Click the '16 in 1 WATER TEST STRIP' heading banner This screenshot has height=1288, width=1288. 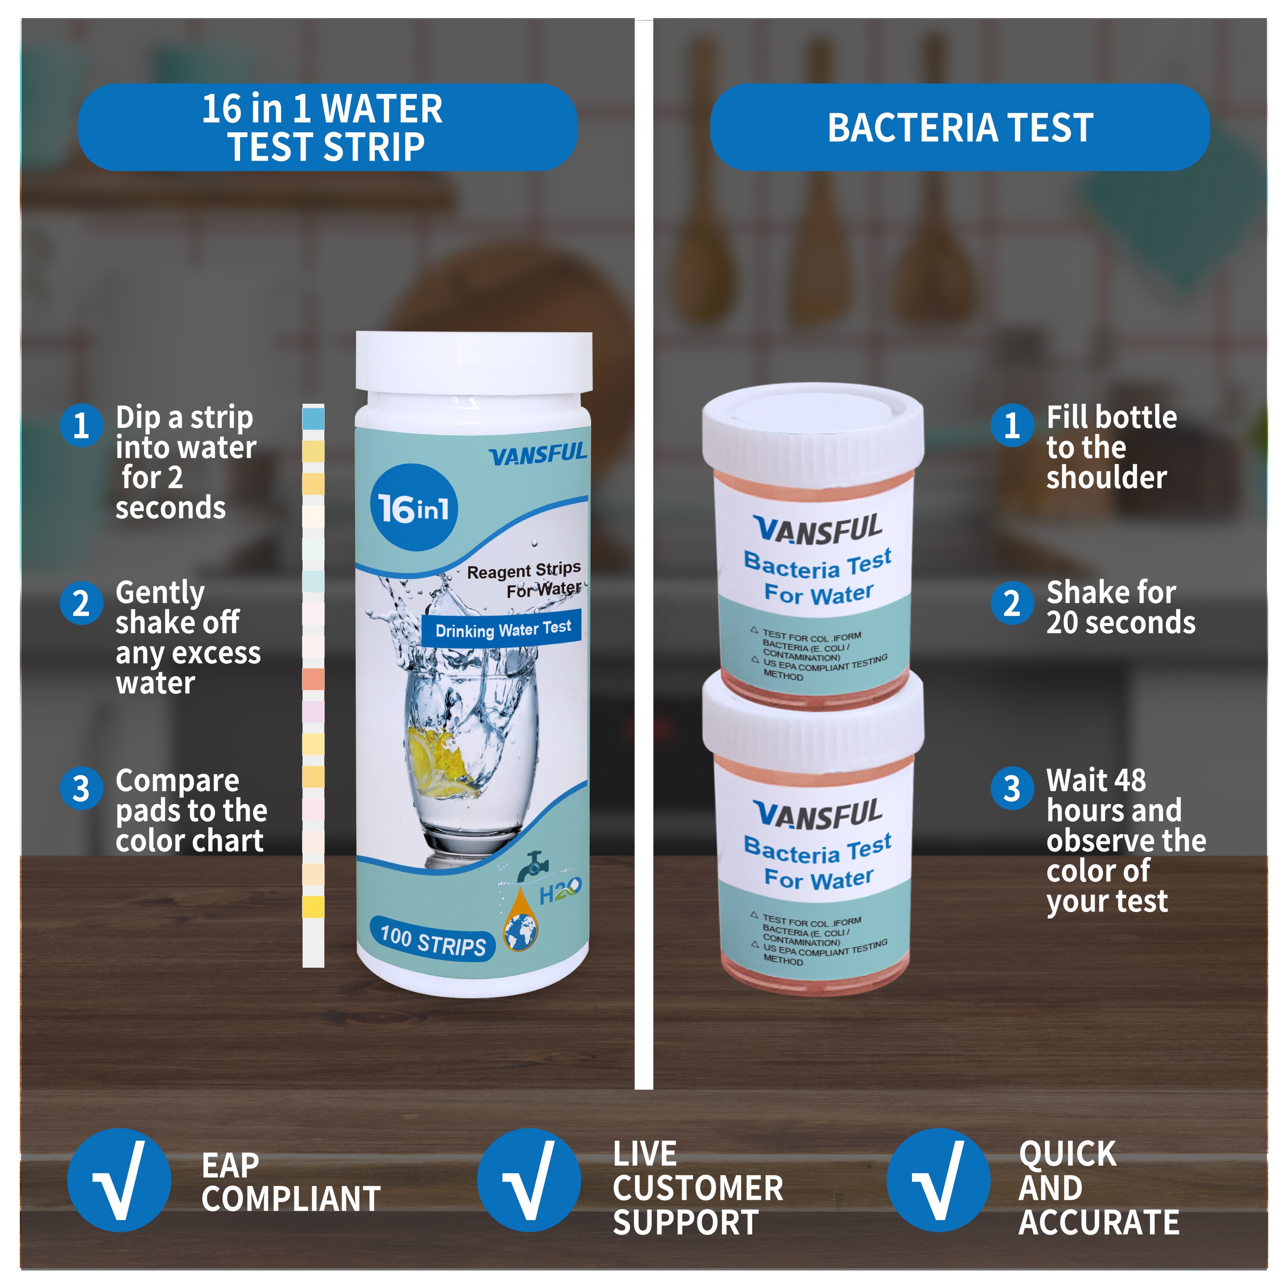coord(327,127)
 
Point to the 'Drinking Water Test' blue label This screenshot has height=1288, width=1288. coord(502,629)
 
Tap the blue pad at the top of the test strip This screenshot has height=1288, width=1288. coord(313,419)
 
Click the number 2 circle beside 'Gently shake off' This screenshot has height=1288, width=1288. coord(81,603)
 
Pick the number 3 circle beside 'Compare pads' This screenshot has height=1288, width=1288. coord(81,789)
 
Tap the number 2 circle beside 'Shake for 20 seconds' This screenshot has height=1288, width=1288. coord(1012,603)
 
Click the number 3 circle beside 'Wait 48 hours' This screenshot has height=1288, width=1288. coord(1012,789)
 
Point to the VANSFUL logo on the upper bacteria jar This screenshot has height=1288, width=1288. coord(818,530)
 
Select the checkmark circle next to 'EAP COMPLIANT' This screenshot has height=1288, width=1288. coord(119,1180)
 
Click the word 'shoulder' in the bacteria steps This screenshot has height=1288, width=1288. coord(1106,477)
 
